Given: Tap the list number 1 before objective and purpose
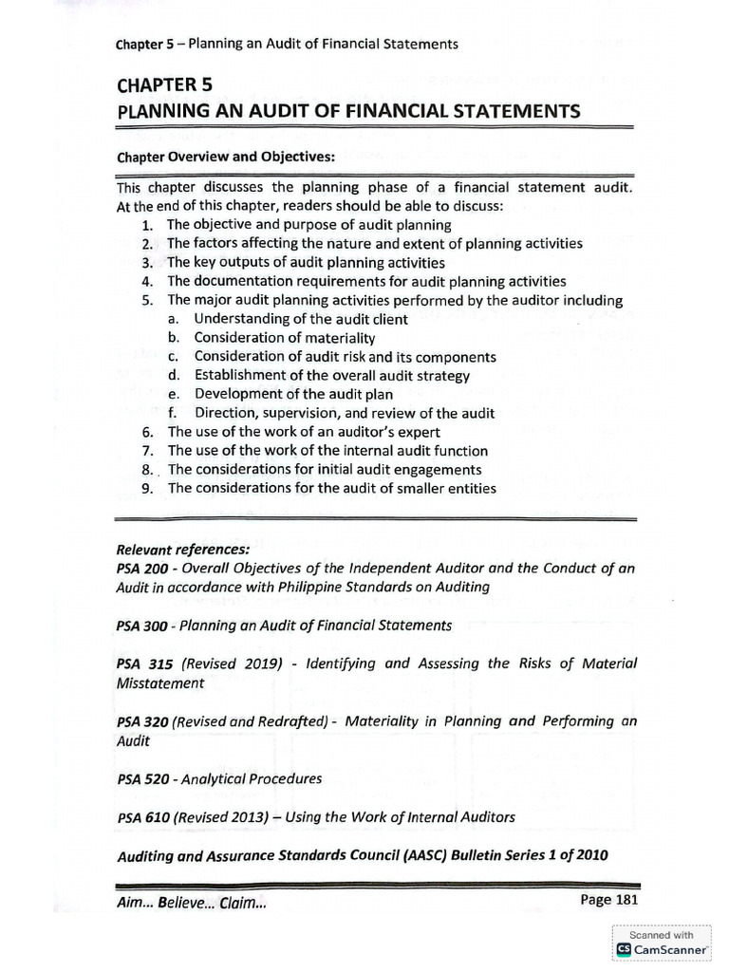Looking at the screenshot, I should click(x=146, y=226).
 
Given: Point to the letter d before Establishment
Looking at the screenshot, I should click(x=173, y=376).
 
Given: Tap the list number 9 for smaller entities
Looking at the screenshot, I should click(x=146, y=489).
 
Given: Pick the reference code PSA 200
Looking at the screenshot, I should click(x=141, y=569).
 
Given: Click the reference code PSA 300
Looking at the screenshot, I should click(x=141, y=626).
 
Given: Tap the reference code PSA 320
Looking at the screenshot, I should click(x=141, y=722).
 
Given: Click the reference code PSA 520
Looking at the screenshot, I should click(x=141, y=779).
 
